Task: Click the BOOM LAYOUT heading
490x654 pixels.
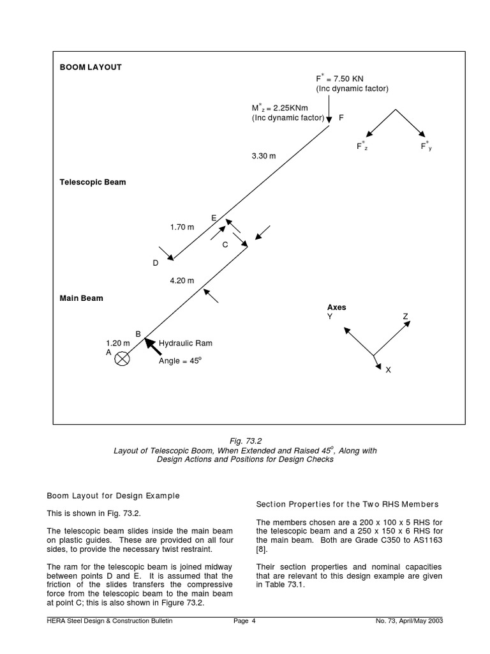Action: (91, 67)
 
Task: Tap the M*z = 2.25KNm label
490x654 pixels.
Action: (279, 108)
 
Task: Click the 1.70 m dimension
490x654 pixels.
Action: (182, 227)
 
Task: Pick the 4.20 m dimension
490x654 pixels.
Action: (182, 280)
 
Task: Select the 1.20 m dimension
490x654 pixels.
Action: (117, 343)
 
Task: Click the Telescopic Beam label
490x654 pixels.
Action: (93, 182)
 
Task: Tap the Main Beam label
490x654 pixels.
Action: (81, 298)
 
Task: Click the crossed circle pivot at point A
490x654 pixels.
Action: (122, 360)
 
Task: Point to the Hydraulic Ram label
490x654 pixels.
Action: (185, 343)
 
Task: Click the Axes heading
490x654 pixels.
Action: (337, 307)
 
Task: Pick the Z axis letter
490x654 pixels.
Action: (405, 317)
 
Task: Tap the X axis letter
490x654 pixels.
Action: (388, 370)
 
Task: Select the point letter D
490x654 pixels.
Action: (155, 262)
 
